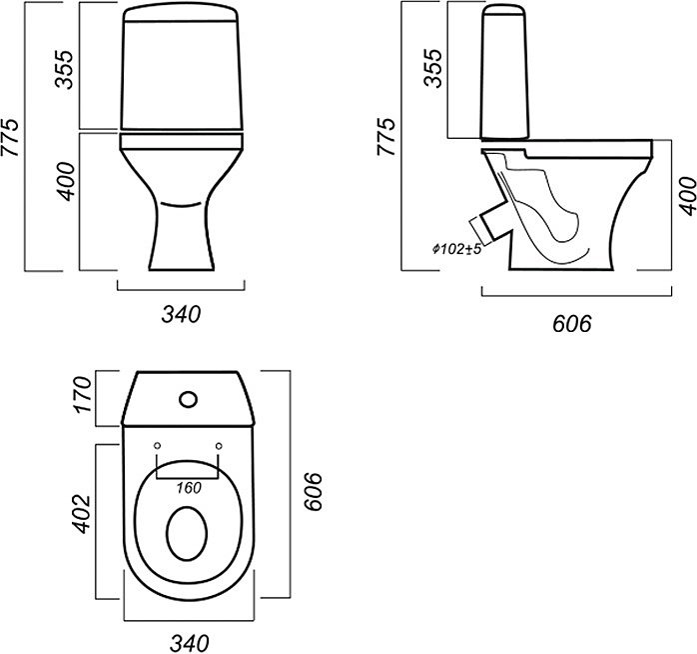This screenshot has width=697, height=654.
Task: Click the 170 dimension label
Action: (83, 395)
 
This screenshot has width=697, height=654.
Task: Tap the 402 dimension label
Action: (81, 514)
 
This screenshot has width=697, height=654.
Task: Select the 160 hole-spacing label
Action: (189, 488)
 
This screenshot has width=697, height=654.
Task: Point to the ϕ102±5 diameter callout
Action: (457, 249)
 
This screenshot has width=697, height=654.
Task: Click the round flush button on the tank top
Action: (189, 399)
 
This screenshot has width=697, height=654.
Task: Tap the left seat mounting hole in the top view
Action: (157, 445)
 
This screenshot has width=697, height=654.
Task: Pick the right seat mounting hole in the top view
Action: (219, 445)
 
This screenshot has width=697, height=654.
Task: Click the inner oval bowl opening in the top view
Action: (187, 534)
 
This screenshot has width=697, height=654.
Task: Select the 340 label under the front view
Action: (181, 314)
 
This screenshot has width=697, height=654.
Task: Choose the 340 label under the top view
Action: (189, 643)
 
